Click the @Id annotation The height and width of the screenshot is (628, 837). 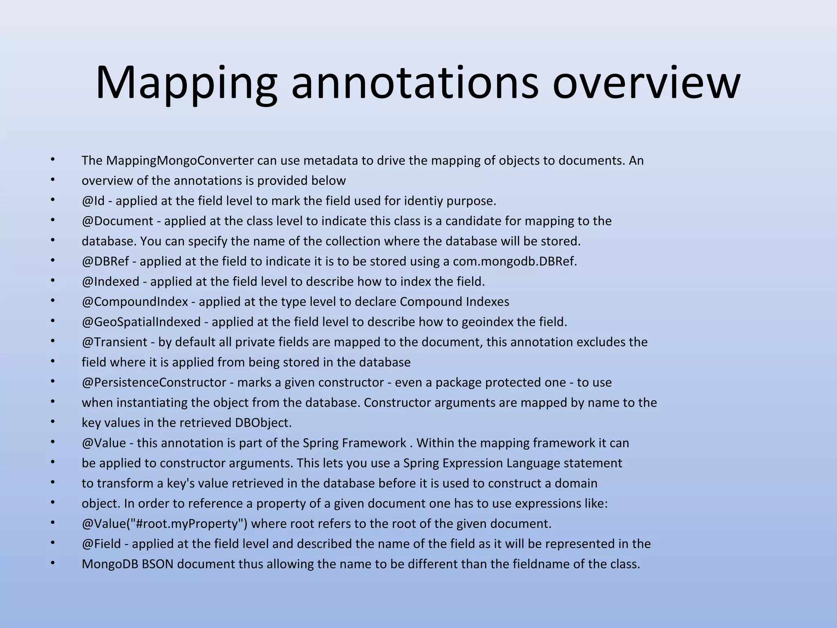(93, 201)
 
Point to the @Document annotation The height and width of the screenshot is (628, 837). (117, 221)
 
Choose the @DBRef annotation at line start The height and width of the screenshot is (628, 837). (105, 261)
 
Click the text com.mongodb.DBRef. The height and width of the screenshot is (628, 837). (515, 261)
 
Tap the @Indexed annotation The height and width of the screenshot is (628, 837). (110, 281)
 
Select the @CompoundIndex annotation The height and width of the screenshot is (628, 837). (135, 302)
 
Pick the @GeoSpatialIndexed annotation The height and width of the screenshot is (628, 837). (141, 322)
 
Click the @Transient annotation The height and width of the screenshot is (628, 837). (114, 342)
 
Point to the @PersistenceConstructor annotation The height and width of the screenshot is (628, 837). (154, 382)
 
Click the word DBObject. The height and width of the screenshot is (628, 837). (263, 422)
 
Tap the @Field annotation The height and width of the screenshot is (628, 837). (101, 543)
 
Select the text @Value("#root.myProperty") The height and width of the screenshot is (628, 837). (164, 523)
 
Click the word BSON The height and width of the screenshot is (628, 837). (157, 564)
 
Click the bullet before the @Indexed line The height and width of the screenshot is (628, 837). (52, 280)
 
